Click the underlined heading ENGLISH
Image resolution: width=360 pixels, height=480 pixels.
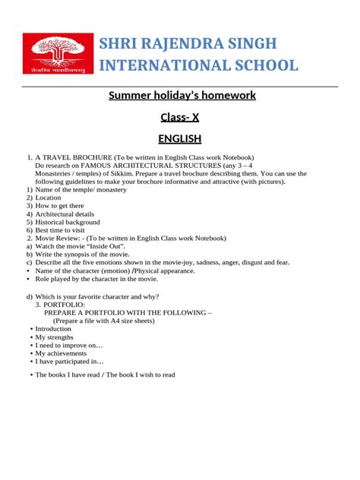click(x=179, y=139)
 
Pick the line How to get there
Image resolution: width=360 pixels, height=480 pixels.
click(x=60, y=206)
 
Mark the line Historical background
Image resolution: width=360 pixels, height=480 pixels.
click(x=68, y=222)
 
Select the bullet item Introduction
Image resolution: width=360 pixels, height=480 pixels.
click(x=53, y=329)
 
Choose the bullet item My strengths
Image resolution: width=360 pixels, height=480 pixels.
click(x=55, y=337)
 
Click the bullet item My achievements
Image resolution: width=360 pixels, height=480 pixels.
click(x=60, y=353)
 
